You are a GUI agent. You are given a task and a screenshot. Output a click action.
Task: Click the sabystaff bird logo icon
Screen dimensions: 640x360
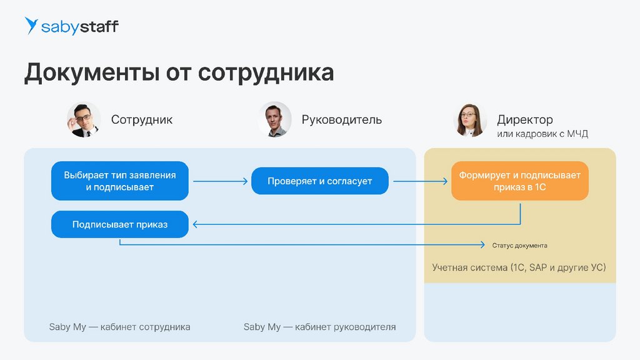[31, 26]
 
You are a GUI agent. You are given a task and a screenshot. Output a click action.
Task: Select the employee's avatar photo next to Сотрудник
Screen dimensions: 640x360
[84, 119]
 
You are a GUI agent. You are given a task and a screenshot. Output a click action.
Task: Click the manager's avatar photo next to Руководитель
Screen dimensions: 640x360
[275, 119]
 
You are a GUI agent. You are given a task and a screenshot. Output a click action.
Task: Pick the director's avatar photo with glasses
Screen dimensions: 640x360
[470, 119]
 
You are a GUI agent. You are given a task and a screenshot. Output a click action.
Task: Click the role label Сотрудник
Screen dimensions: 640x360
[142, 119]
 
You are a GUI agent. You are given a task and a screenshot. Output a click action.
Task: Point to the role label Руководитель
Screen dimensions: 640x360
[341, 119]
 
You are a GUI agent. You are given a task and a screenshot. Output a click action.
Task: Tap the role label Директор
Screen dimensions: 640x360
[525, 119]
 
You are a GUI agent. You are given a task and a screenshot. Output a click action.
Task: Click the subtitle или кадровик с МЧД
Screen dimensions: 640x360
[542, 134]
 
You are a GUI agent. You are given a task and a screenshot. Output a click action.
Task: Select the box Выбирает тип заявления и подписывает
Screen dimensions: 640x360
[120, 181]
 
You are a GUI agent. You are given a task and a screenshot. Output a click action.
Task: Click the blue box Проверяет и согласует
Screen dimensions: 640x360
[320, 181]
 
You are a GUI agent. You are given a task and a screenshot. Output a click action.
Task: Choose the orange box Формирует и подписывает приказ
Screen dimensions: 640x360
[520, 181]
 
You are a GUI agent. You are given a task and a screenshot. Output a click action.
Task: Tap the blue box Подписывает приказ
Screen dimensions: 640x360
[120, 224]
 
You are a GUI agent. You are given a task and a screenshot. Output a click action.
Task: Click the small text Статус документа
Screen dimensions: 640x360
[519, 246]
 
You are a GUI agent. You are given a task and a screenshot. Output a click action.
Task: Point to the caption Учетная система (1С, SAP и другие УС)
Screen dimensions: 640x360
[519, 267]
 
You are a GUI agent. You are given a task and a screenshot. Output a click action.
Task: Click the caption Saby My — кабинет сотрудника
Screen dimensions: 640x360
[119, 327]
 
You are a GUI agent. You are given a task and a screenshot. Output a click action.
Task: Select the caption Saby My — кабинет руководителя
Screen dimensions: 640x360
[319, 327]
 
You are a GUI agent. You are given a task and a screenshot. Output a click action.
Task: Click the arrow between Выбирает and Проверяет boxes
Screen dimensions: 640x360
[220, 181]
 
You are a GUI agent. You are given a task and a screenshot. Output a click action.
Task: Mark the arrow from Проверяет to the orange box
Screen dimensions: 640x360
[420, 181]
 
